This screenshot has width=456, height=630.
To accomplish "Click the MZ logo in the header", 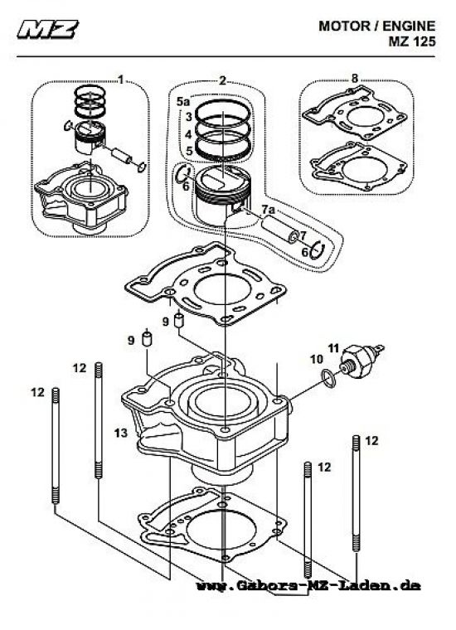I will click(x=48, y=31).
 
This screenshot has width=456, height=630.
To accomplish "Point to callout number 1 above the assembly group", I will click(x=121, y=80).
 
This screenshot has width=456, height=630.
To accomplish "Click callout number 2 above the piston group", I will click(x=222, y=80).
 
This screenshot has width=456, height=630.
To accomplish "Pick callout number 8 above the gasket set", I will click(x=355, y=79).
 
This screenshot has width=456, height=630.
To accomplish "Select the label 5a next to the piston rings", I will click(x=184, y=100).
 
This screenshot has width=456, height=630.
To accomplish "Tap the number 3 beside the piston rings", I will click(x=189, y=118).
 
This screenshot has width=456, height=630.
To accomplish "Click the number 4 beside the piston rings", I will click(x=189, y=134).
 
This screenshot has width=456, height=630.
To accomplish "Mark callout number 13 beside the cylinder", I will click(x=121, y=433).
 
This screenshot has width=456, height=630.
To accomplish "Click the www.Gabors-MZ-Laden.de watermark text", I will click(x=308, y=585).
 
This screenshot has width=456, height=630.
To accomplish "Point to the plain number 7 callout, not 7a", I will click(x=303, y=235).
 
